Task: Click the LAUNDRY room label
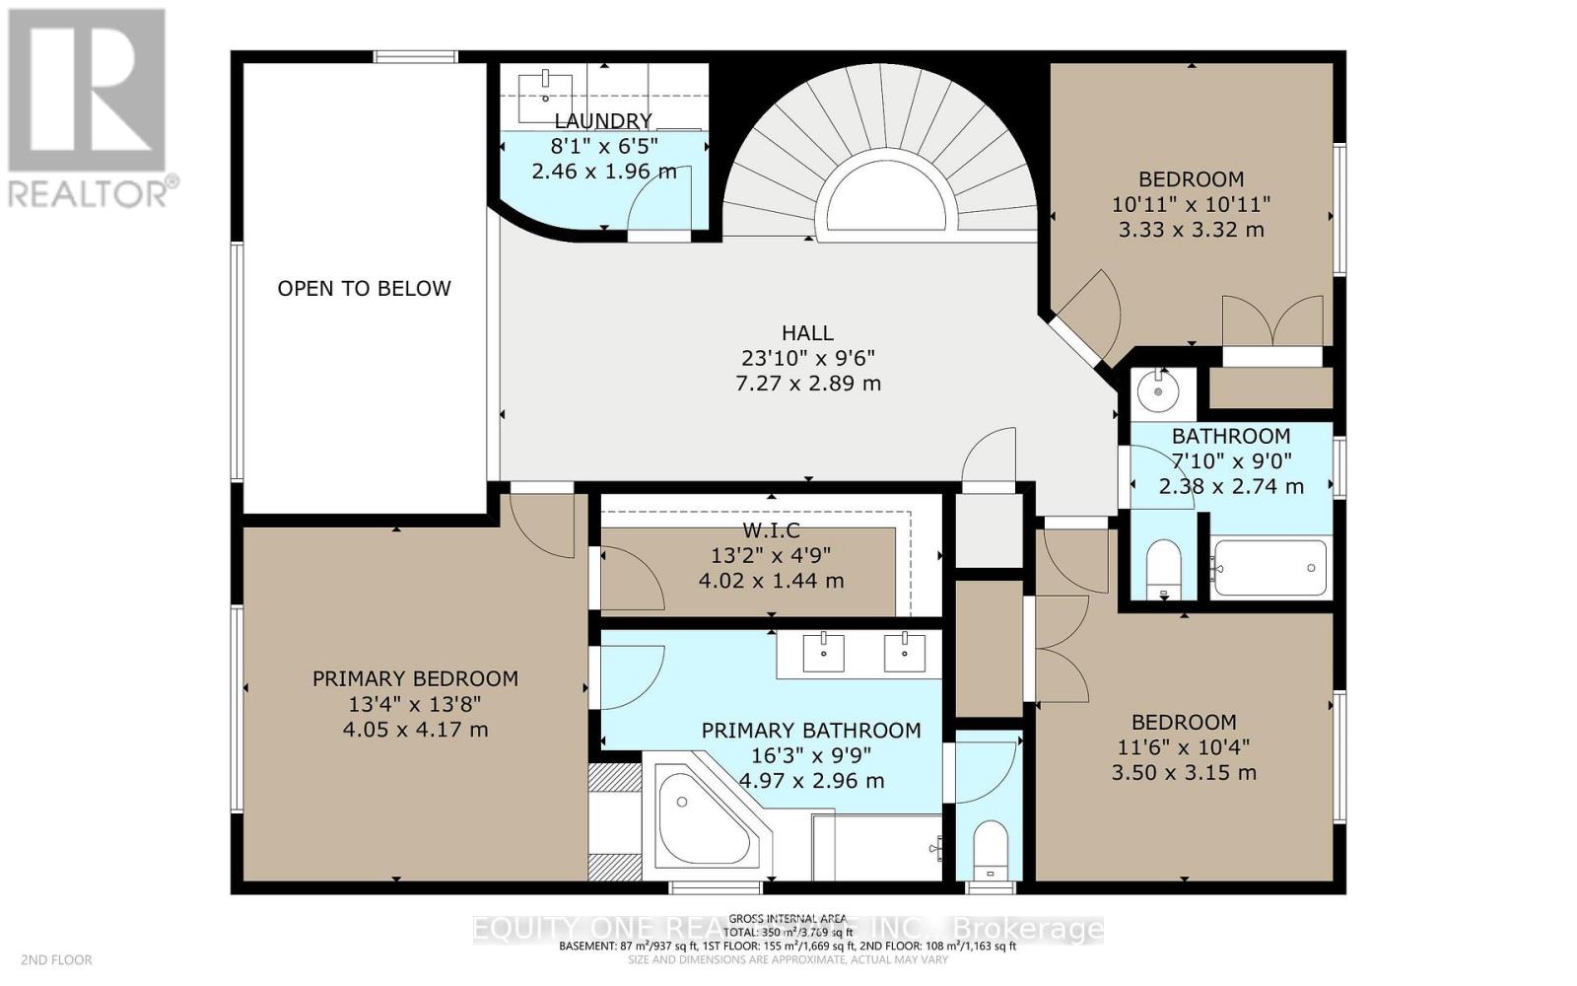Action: pos(602,120)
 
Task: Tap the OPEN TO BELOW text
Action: pos(364,288)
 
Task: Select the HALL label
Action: pos(807,333)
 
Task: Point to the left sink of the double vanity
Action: pos(822,652)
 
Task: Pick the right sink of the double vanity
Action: pos(904,652)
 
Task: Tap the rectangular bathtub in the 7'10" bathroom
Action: pos(1269,568)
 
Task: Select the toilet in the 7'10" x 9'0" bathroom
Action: pos(1164,568)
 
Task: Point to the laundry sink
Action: pos(546,89)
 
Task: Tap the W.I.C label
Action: pos(771,530)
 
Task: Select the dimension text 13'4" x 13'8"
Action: pos(414,704)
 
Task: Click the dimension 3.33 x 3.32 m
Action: pos(1191,230)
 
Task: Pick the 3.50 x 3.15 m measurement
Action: pos(1183,772)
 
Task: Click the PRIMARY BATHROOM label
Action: pos(810,731)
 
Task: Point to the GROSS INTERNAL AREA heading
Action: pos(788,918)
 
